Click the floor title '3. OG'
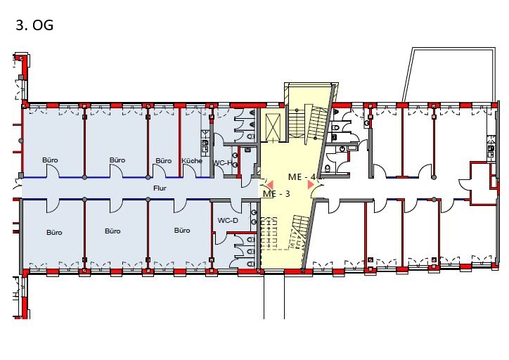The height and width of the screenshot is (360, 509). pos(34,25)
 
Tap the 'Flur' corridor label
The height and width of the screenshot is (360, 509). pos(160,188)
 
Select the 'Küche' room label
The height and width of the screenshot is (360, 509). pos(192,161)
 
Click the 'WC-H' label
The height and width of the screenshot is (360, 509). pos(222,162)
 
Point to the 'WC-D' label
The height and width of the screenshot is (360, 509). pos(228,221)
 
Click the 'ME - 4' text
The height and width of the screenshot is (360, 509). pos(302,177)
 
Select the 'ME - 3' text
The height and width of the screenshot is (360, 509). pos(276,194)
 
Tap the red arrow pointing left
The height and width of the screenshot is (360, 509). pos(270,185)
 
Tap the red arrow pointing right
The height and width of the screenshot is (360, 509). pos(311,184)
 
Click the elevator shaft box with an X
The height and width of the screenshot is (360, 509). pos(272,127)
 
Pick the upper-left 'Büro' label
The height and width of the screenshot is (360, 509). pos(50,160)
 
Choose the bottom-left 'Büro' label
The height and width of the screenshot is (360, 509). pos(54,233)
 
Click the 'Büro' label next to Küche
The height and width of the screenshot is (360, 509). pos(163,161)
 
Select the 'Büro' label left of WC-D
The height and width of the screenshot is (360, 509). pos(182,231)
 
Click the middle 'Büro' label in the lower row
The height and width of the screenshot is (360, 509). pos(112,231)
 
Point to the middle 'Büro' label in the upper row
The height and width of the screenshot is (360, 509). pos(117,160)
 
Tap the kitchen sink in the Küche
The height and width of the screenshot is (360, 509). pos(205,146)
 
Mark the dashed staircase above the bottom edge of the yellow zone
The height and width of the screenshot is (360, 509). pos(269,233)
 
